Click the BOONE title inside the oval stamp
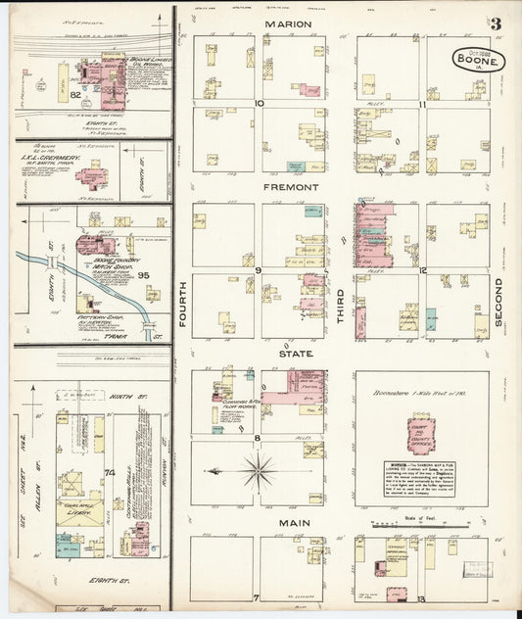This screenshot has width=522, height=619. pyautogui.click(x=480, y=61)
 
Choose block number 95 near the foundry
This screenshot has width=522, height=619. pyautogui.click(x=125, y=275)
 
